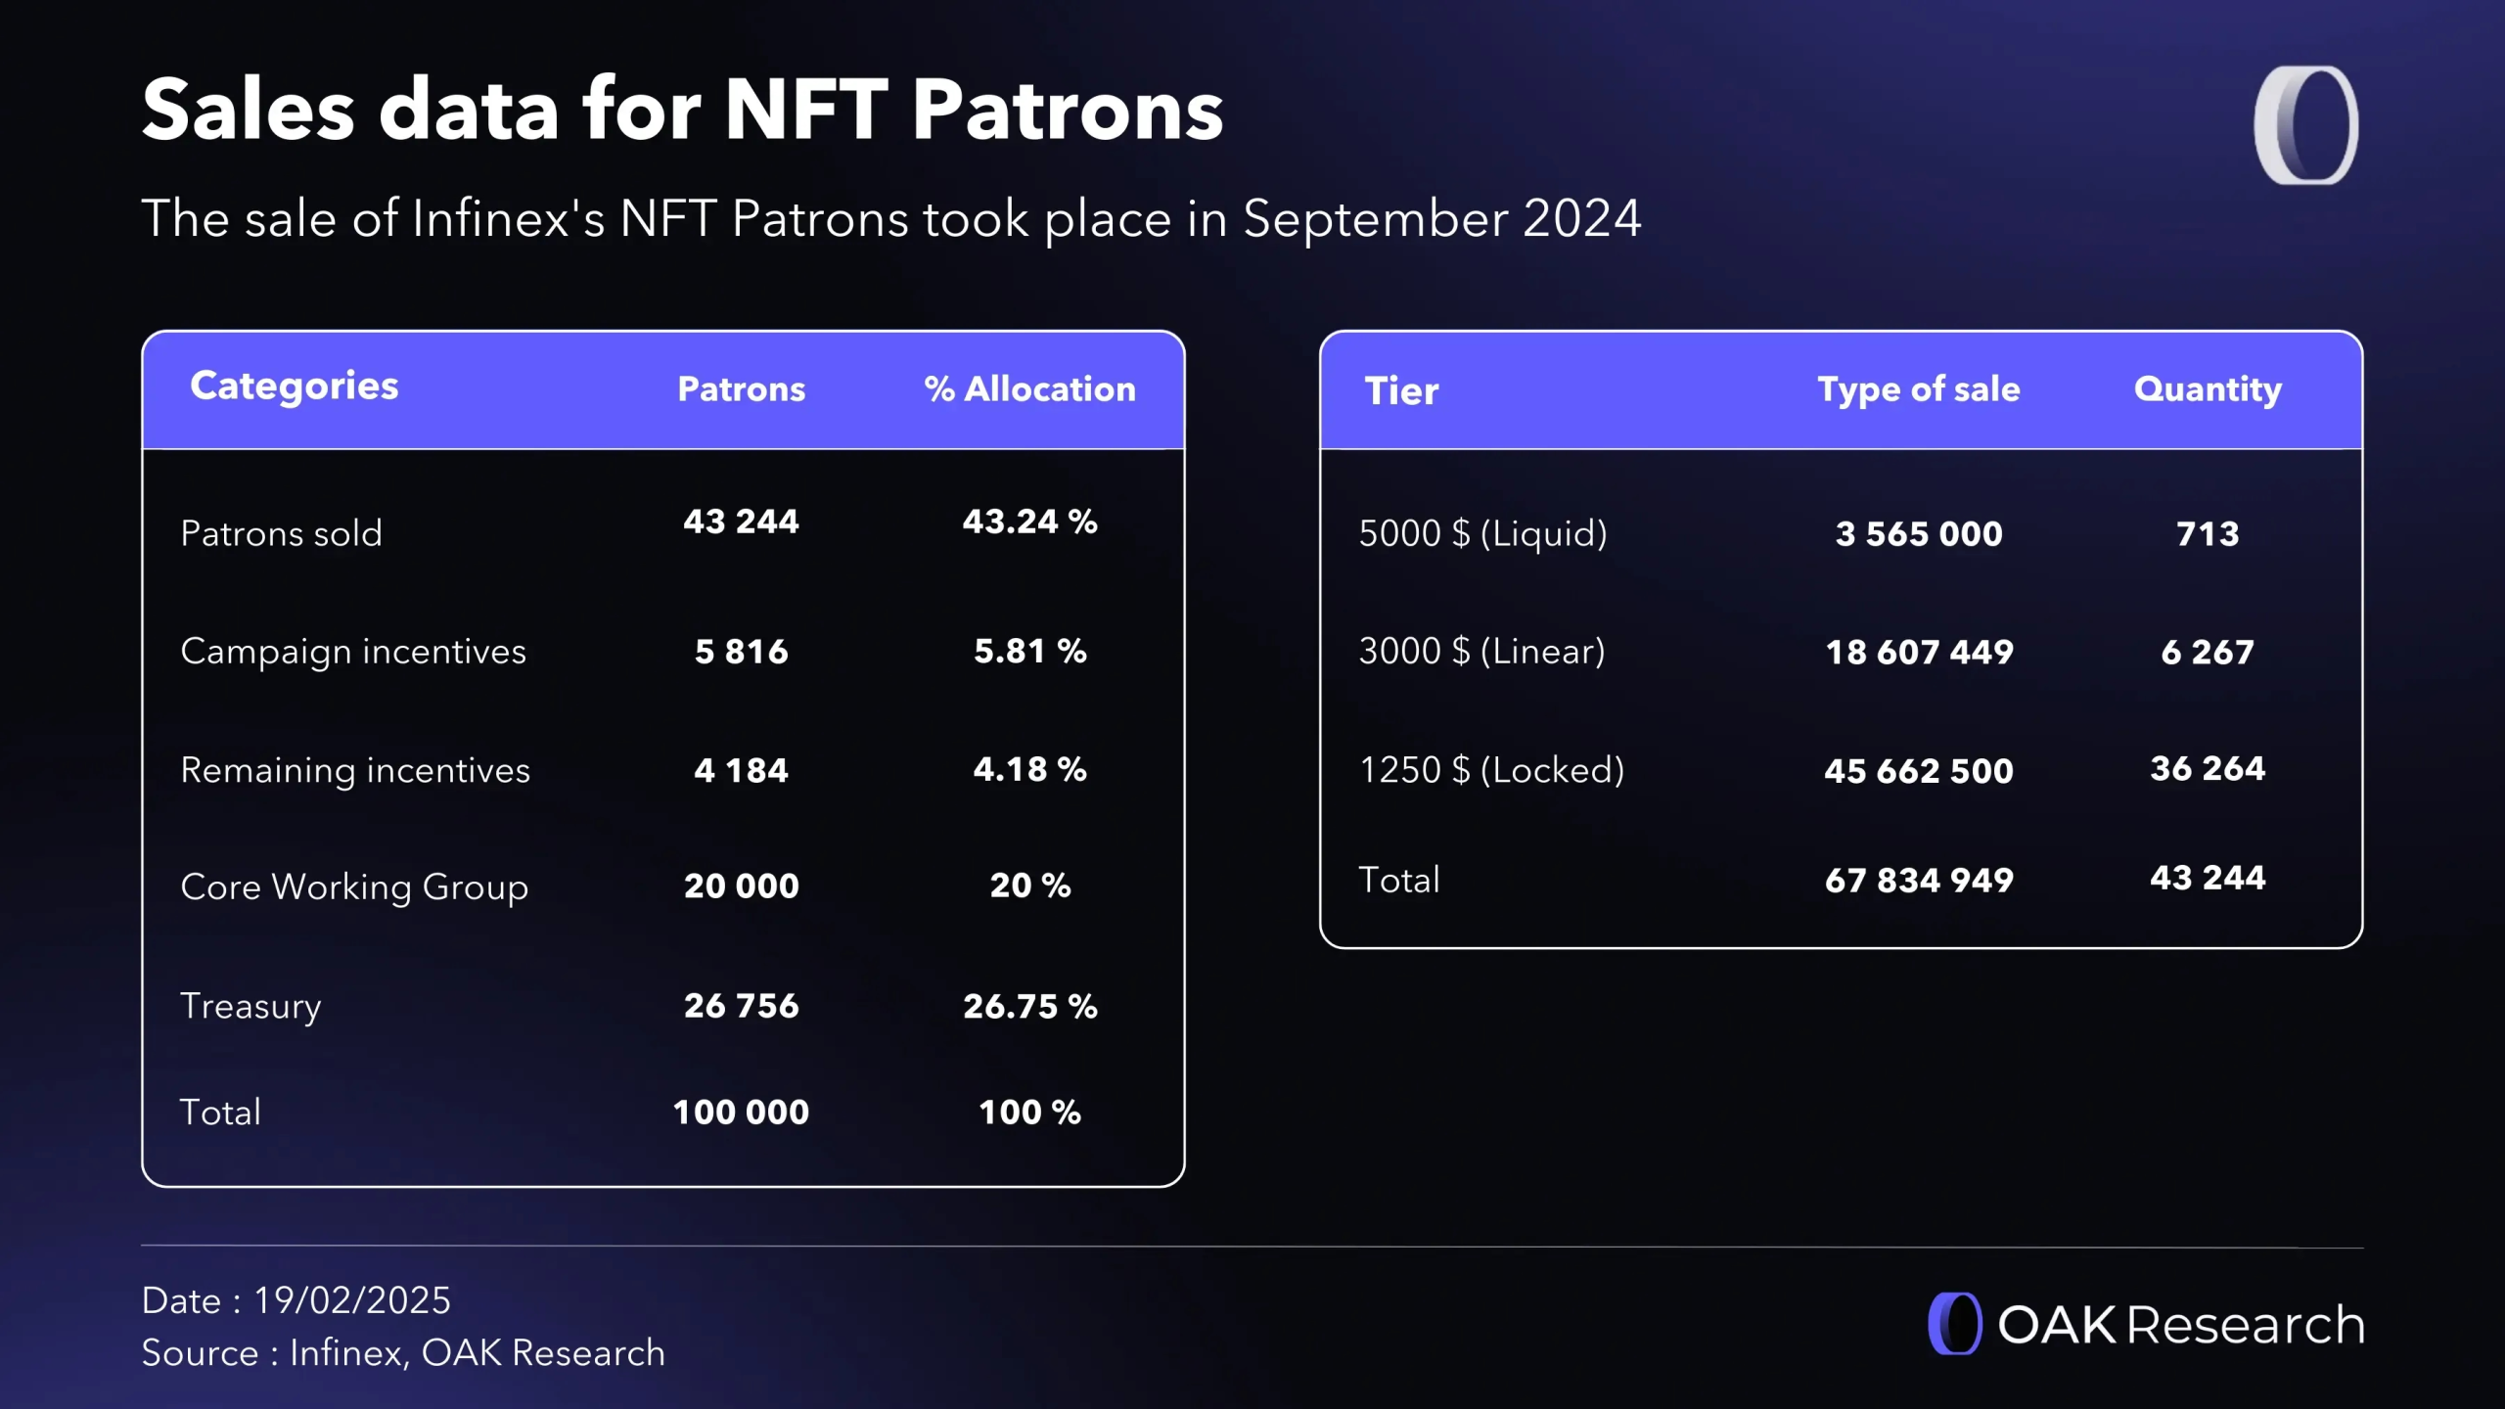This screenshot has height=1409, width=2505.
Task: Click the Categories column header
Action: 294,386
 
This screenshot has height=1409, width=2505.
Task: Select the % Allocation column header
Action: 1029,389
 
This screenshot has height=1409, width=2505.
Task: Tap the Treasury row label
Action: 250,1006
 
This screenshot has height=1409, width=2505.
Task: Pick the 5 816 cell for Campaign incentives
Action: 741,652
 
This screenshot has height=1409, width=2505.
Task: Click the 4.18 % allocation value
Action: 1029,770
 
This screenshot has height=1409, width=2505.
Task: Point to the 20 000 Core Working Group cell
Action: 741,886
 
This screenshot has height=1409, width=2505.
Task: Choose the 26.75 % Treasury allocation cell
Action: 1029,1006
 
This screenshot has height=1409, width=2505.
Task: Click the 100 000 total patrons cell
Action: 741,1113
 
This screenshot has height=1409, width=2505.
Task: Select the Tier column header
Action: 1401,391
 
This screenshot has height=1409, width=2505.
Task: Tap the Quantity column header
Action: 2208,389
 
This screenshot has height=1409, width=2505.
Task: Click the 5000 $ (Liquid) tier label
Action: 1482,534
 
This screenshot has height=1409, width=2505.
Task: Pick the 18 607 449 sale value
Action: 1919,653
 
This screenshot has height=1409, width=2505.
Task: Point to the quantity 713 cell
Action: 2208,534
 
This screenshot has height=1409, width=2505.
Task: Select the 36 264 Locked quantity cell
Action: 2208,769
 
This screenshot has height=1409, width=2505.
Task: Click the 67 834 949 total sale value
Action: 1919,881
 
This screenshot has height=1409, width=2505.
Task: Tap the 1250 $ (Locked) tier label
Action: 1491,770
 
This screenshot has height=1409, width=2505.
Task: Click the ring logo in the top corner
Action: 2306,125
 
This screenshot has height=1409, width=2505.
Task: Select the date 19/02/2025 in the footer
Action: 352,1300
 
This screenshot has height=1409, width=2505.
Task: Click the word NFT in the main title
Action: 805,110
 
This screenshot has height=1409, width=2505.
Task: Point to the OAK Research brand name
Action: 2180,1325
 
